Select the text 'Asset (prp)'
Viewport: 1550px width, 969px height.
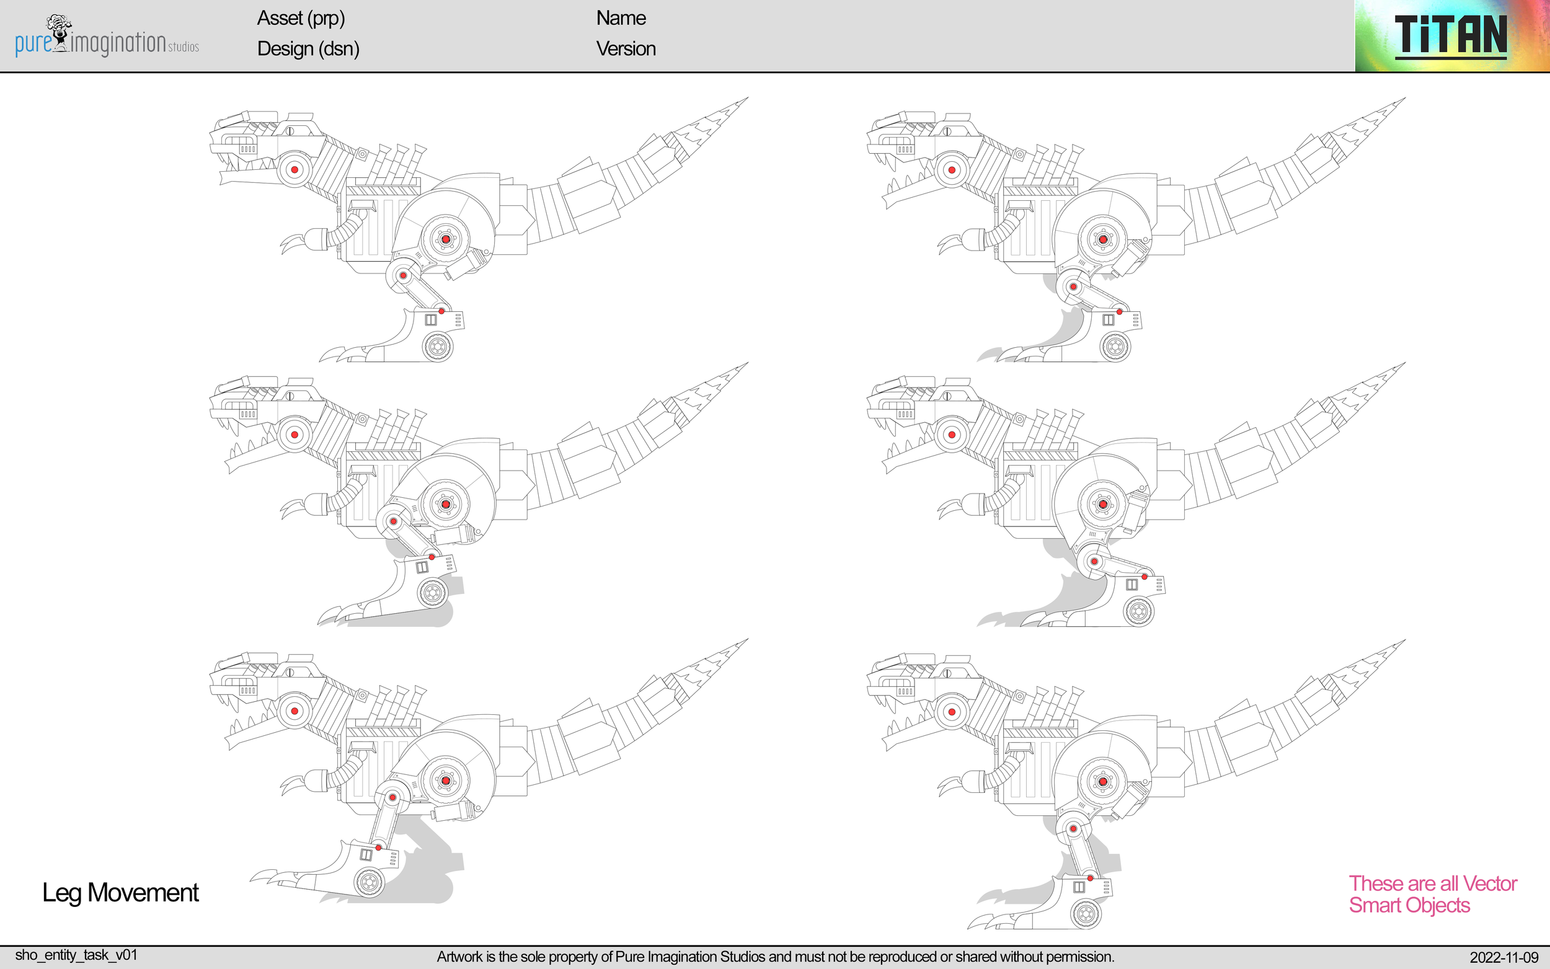301,18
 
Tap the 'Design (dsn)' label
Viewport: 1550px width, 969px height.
308,49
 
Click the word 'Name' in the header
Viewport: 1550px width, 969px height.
620,18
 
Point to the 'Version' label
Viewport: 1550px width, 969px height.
626,49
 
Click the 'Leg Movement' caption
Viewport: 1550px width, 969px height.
120,892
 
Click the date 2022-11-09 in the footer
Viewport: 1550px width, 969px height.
1503,957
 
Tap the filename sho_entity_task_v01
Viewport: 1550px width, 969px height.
76,955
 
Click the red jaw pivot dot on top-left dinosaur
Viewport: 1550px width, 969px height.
294,170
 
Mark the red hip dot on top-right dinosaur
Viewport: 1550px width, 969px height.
1103,240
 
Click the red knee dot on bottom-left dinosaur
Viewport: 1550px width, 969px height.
394,797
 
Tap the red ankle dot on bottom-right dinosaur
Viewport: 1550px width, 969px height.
1090,878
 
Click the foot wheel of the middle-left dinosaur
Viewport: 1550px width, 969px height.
433,593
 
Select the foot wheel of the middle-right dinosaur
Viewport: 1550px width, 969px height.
1139,611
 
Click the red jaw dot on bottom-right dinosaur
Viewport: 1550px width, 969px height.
952,712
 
